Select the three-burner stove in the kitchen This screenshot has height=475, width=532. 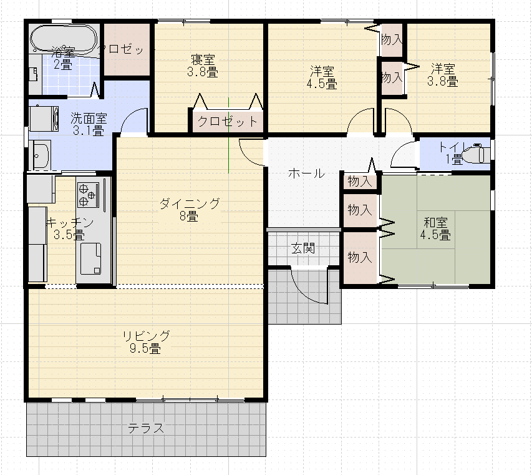tap(88, 195)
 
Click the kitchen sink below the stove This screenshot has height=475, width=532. tap(90, 258)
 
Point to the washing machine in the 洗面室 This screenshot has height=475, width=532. tap(44, 119)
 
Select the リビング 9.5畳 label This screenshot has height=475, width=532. tap(146, 341)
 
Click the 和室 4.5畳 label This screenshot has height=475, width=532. tap(435, 228)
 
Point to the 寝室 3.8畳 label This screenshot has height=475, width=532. tap(203, 66)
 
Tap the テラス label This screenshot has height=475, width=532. tap(146, 428)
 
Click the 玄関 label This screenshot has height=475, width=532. tap(303, 248)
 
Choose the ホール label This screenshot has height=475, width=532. tap(306, 174)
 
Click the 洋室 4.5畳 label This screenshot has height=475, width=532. tap(322, 77)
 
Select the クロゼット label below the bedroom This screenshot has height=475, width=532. tap(228, 121)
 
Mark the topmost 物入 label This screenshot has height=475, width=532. tap(392, 40)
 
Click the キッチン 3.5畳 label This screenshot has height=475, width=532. tap(70, 228)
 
